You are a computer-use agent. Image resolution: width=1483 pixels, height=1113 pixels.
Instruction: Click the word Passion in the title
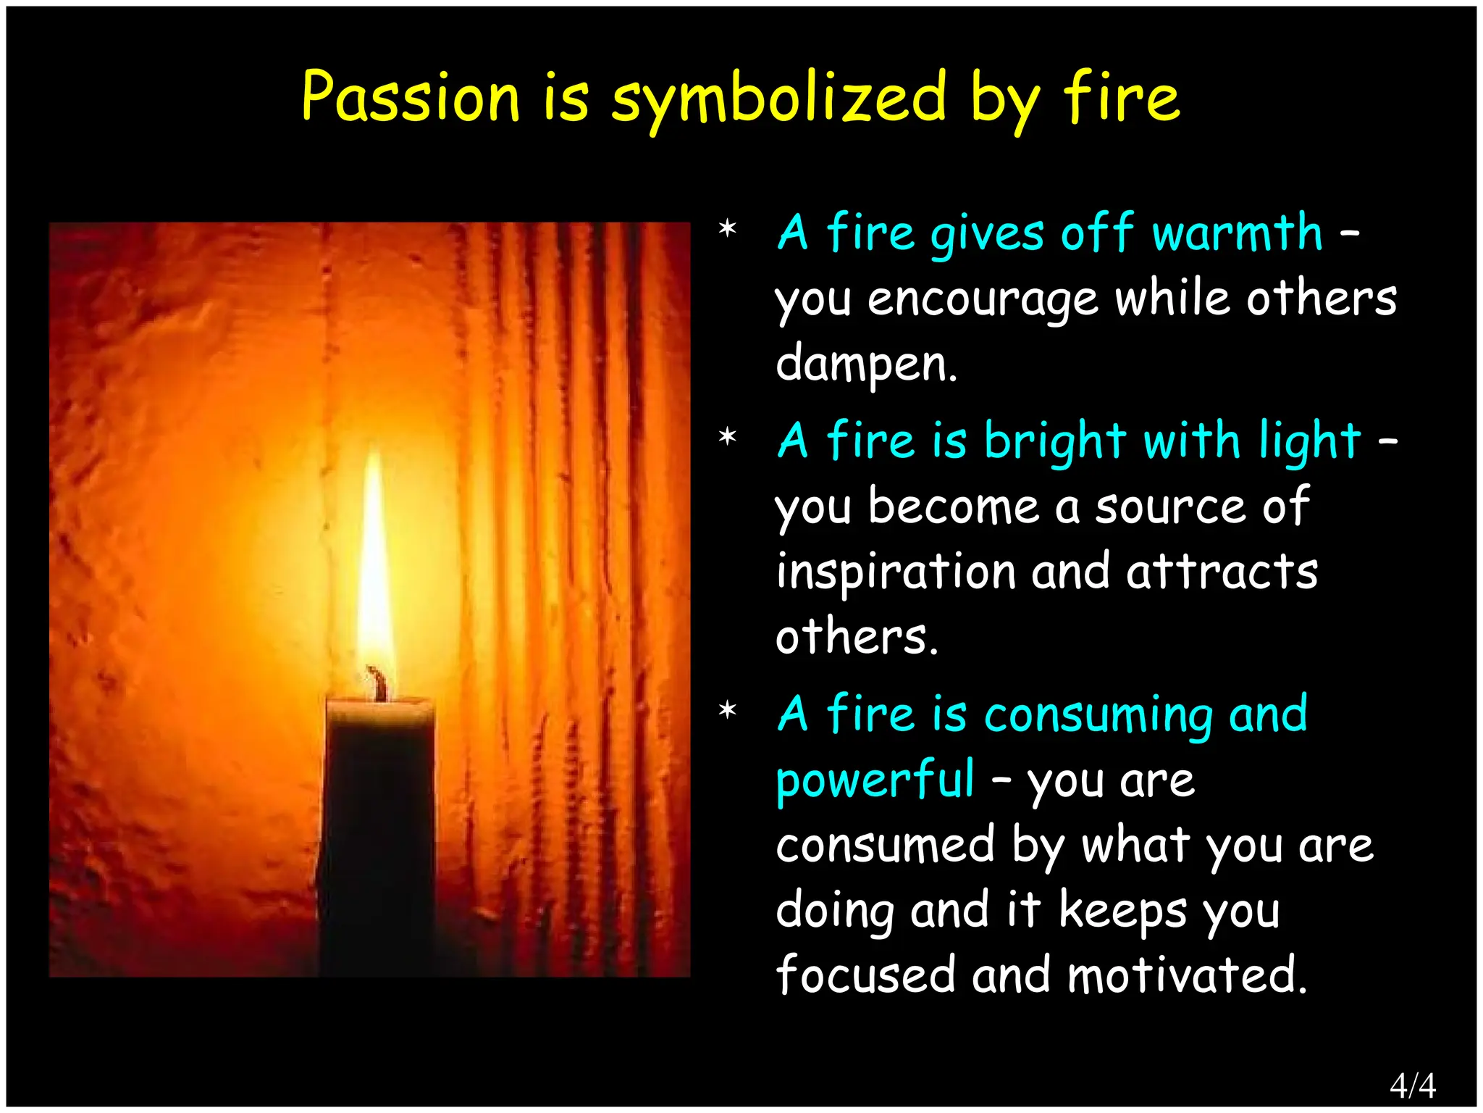[411, 98]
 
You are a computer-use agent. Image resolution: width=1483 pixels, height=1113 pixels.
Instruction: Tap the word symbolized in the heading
[778, 99]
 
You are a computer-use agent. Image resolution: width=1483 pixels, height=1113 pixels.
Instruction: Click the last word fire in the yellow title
[1122, 98]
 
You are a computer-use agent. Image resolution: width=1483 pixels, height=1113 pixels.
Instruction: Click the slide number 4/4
[1412, 1085]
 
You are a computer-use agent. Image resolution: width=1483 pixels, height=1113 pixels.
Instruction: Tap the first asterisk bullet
[727, 230]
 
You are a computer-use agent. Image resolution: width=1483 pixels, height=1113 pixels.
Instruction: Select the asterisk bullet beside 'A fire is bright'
[727, 438]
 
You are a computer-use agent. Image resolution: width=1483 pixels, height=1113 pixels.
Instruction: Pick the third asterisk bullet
[727, 712]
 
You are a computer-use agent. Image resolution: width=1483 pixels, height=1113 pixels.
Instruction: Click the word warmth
[1237, 233]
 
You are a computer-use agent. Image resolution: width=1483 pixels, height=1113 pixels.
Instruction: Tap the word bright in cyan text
[1054, 442]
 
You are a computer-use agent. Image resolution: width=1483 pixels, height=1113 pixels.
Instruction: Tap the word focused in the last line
[865, 975]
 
